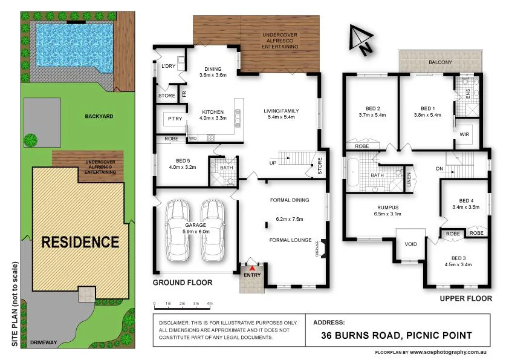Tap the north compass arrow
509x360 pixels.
point(361,41)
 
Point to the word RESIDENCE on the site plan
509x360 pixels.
point(80,242)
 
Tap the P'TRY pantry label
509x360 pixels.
point(175,119)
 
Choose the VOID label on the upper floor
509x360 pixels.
point(411,244)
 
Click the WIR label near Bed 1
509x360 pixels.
point(465,134)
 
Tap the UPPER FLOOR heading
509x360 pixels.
point(465,298)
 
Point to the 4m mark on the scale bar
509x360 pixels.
point(210,303)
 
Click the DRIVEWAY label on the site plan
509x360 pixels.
point(42,342)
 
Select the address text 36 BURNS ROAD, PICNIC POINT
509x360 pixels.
point(397,335)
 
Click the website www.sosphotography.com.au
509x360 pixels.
point(449,352)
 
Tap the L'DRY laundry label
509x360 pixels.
point(167,66)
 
